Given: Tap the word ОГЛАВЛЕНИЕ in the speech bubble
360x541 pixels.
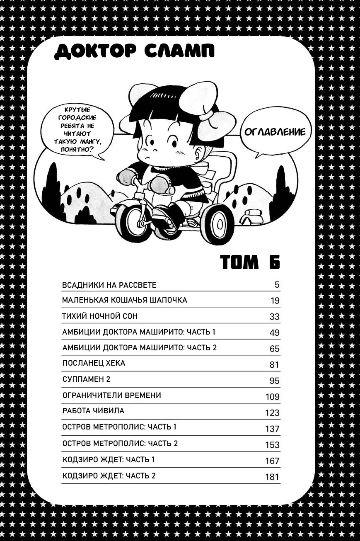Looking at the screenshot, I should [x=275, y=132].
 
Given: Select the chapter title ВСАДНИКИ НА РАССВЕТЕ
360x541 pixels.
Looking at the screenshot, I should [x=109, y=285].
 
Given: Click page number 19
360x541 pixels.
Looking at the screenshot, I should [x=274, y=301].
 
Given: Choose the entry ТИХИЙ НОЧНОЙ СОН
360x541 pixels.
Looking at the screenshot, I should [x=100, y=316].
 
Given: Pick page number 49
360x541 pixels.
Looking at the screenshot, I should [x=274, y=332].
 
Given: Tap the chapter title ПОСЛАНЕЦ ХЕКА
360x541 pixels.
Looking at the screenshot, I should [x=94, y=363].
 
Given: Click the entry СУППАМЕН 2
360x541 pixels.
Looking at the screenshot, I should [x=86, y=379].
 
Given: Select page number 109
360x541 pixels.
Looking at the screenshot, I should [x=272, y=397].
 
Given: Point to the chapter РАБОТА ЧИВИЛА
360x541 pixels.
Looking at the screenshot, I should [x=93, y=411].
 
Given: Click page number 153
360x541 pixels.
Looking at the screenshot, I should [x=272, y=445].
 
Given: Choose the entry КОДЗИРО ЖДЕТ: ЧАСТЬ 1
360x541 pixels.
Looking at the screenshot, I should [x=109, y=460].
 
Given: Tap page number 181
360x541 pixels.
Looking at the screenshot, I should [x=272, y=477].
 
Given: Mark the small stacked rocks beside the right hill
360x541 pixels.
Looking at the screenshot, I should [x=252, y=216].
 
